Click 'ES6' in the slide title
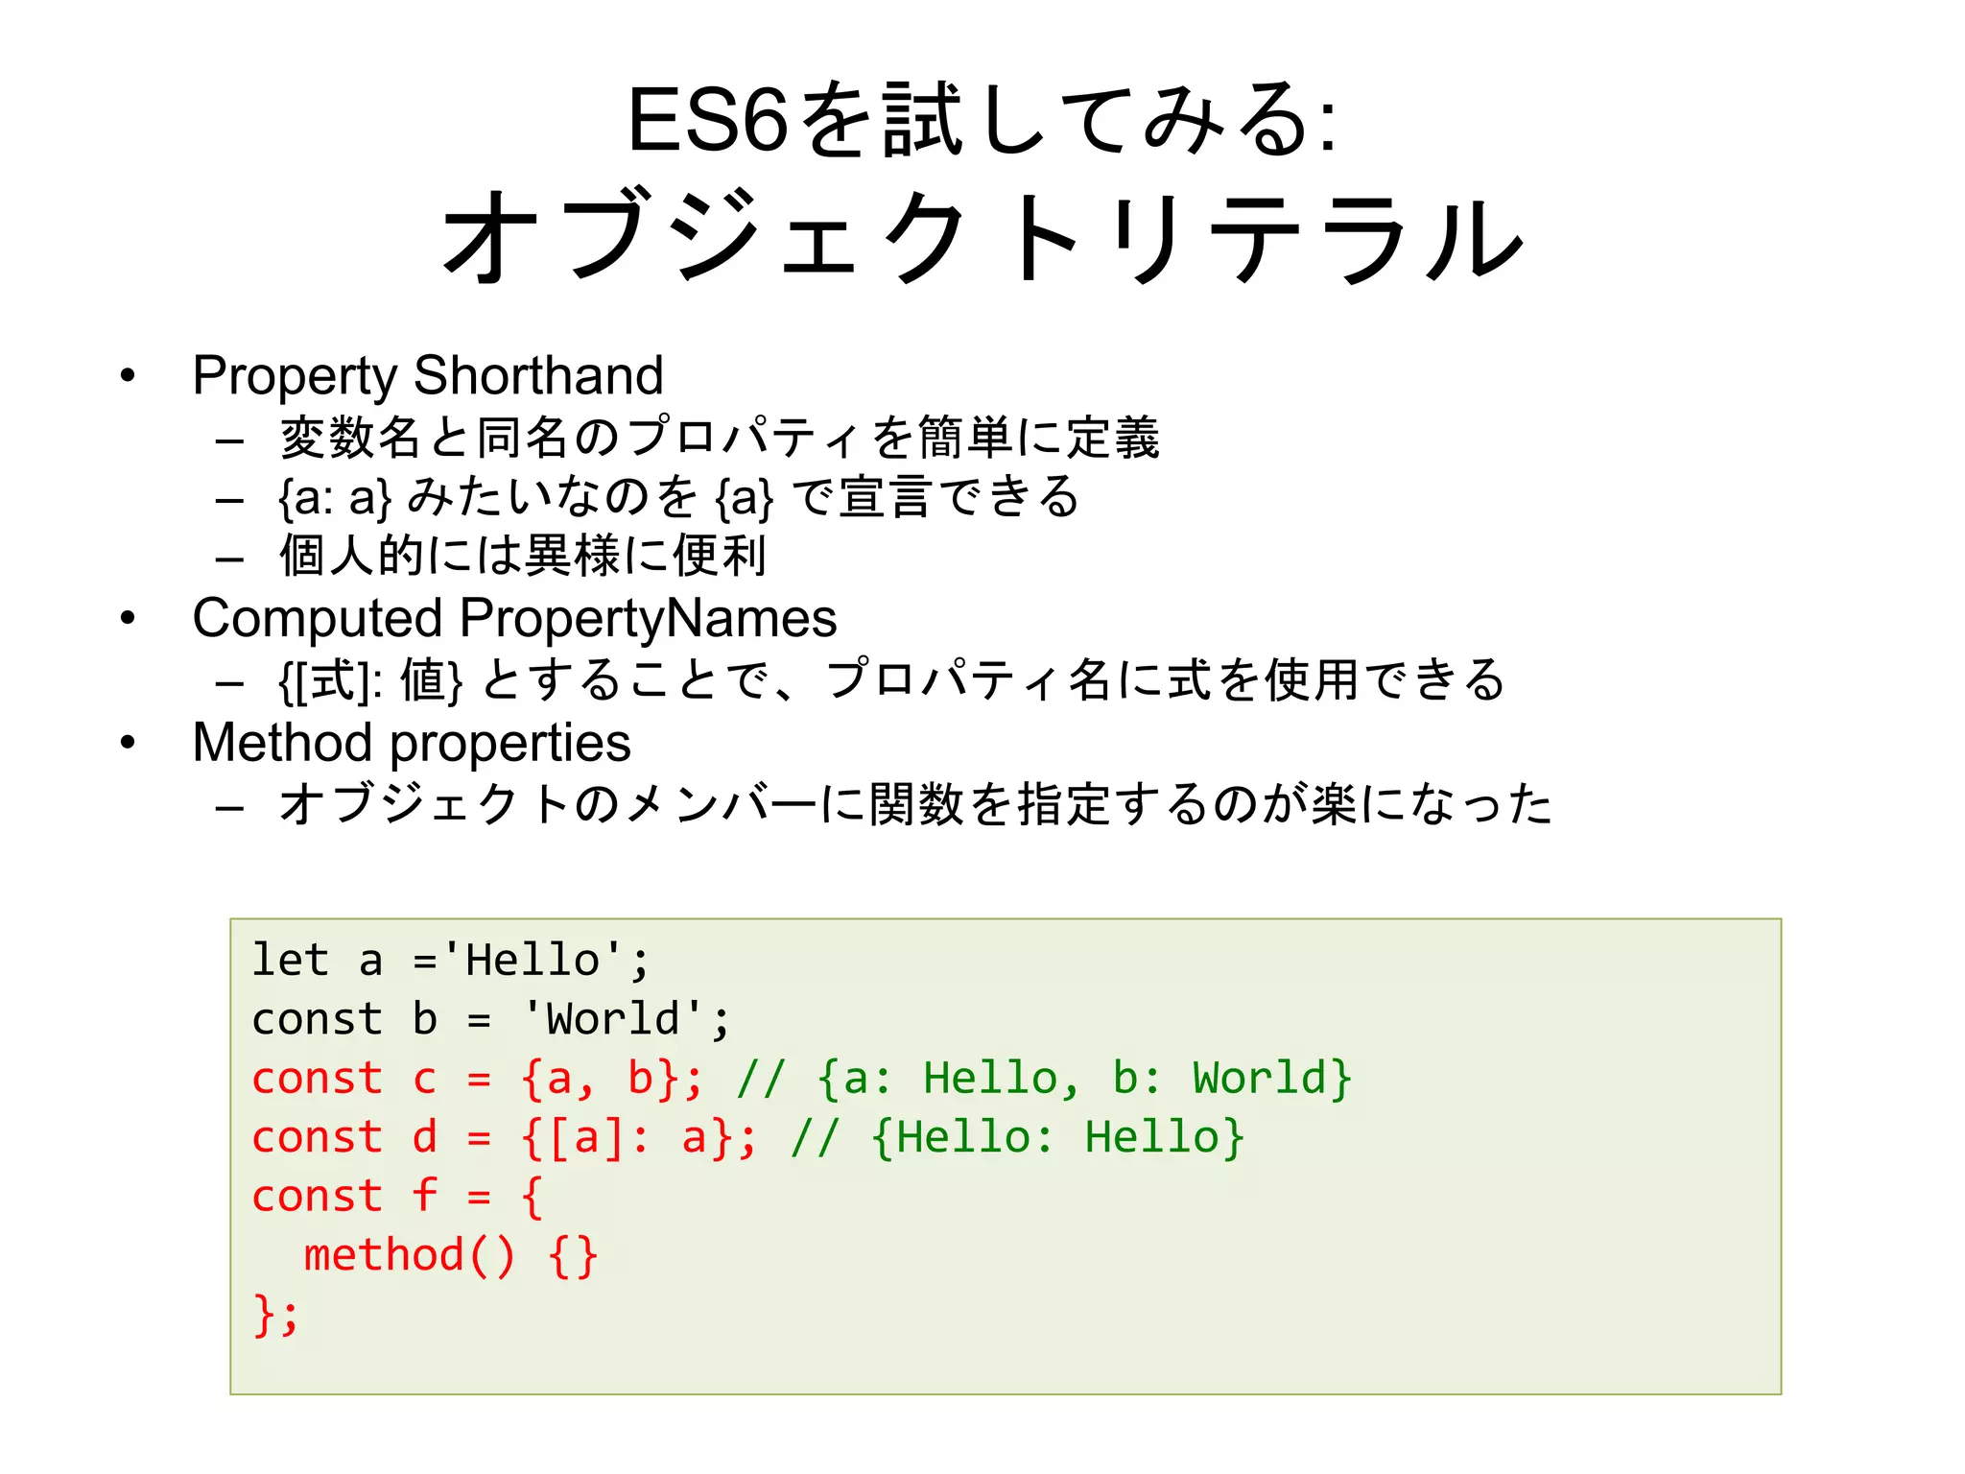point(707,121)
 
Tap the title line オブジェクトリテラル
point(982,238)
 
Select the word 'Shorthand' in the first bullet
point(538,375)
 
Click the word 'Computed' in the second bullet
point(317,618)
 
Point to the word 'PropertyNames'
point(648,618)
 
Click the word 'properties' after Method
point(510,745)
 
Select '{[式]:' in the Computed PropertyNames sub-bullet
point(330,681)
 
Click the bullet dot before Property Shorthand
point(128,376)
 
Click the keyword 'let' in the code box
point(290,961)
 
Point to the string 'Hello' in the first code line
point(533,961)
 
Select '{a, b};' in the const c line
point(612,1079)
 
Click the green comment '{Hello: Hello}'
point(1058,1138)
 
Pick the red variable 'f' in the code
point(425,1197)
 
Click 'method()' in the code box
point(410,1256)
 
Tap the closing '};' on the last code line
point(275,1315)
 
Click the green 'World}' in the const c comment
point(1272,1079)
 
